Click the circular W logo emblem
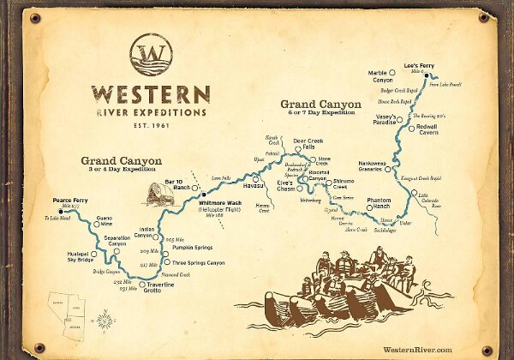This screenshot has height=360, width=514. (x=149, y=56)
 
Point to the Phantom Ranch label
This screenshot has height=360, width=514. (x=380, y=204)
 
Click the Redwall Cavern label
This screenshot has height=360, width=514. (x=432, y=130)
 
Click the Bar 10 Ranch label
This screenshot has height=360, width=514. (x=176, y=185)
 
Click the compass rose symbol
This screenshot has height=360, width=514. (x=105, y=321)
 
